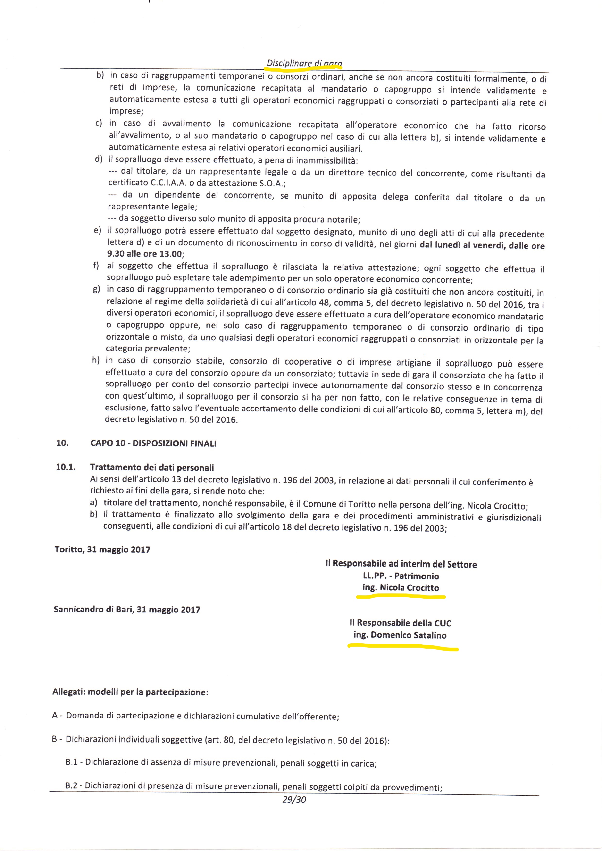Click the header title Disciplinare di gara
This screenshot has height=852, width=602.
click(x=304, y=63)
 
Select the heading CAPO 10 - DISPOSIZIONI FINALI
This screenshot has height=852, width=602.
click(x=153, y=443)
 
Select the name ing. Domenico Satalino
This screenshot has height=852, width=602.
click(x=400, y=635)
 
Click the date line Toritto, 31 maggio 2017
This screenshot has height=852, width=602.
click(x=102, y=550)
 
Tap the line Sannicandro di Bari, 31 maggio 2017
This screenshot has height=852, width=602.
click(x=127, y=609)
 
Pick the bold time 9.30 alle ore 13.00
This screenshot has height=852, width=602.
click(x=145, y=254)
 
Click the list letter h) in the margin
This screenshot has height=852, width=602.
click(x=96, y=360)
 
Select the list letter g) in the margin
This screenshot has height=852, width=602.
click(x=97, y=289)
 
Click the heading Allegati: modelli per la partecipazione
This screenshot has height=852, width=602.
click(x=131, y=693)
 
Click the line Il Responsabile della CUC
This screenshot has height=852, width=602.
click(x=400, y=623)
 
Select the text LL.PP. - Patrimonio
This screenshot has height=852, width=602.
click(x=401, y=576)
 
